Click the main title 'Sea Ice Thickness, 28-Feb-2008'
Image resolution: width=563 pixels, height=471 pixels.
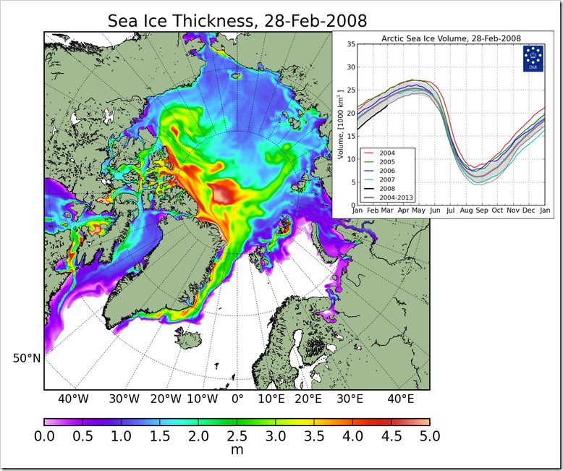point(237,21)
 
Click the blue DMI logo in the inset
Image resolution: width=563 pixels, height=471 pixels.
point(533,58)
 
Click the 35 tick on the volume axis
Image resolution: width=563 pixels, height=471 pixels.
point(351,44)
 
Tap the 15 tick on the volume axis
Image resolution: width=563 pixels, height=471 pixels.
point(351,136)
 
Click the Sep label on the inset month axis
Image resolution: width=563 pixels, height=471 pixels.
point(482,211)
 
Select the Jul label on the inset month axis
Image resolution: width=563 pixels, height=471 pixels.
point(450,211)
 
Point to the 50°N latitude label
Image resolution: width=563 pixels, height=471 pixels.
point(27,358)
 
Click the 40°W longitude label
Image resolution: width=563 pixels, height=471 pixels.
point(73,399)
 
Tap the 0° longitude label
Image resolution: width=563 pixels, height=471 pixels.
point(237,399)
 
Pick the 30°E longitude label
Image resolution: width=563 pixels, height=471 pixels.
point(350,399)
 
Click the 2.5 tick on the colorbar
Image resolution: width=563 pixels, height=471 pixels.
point(237,436)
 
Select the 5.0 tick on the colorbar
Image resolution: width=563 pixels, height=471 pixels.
point(430,436)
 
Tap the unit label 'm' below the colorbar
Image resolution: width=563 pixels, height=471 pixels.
point(237,449)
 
